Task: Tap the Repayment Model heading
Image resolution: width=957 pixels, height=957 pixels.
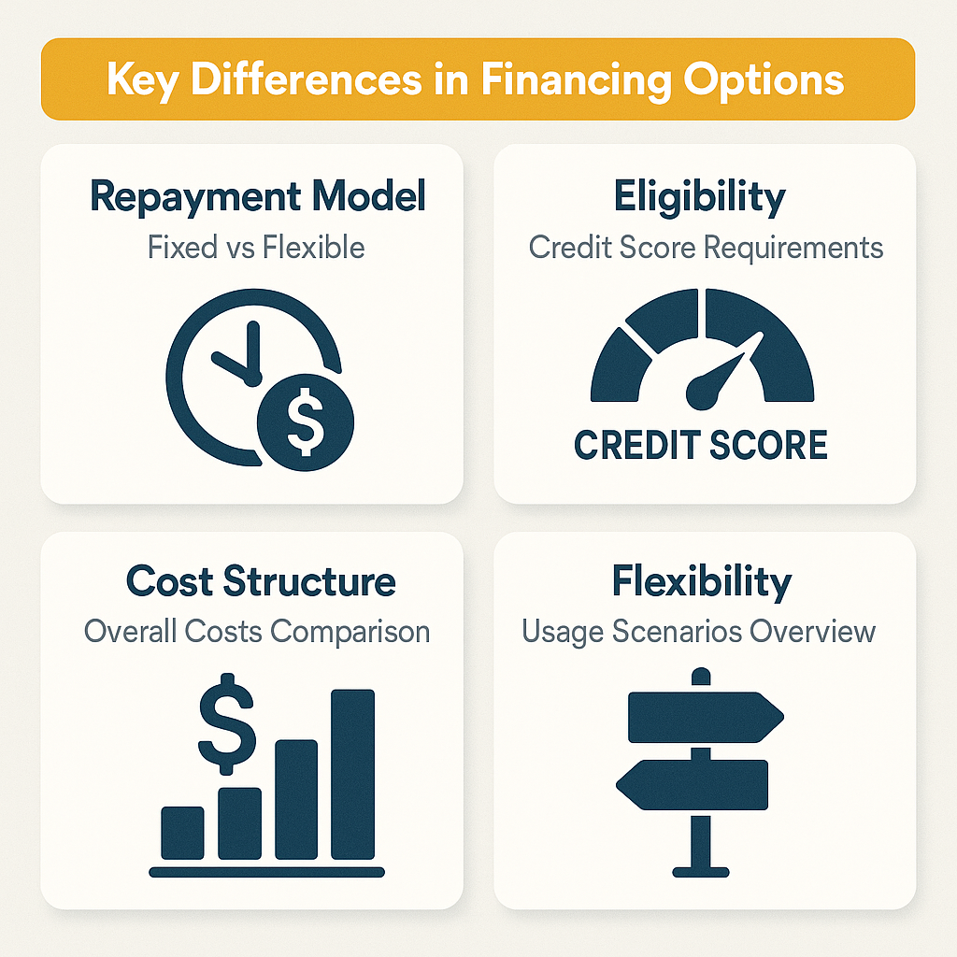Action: pos(258,197)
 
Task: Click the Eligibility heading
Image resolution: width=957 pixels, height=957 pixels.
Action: pos(699,197)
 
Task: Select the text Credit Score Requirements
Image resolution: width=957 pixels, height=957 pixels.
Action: pos(706,248)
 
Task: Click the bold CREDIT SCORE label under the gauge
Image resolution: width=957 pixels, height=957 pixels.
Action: pos(700,445)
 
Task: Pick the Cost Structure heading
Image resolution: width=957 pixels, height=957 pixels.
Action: pos(261,581)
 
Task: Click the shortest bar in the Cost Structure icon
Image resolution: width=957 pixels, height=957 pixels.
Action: pos(183,833)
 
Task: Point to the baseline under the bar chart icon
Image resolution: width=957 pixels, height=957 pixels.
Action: pos(267,873)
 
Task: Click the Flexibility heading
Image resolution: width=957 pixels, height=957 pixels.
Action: pos(702,581)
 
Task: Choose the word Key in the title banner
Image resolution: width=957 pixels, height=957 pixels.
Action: pos(140,80)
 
